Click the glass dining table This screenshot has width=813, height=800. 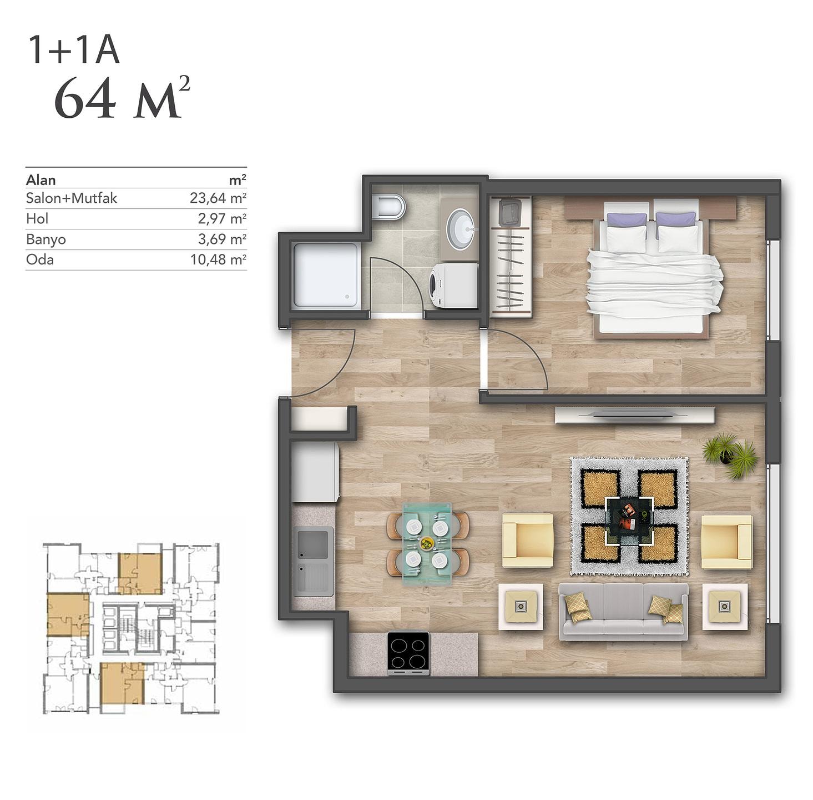click(x=427, y=544)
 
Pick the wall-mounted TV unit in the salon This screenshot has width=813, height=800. click(x=634, y=415)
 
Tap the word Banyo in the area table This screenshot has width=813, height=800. click(x=46, y=239)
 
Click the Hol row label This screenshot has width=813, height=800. click(x=37, y=219)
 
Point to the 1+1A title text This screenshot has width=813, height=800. click(x=74, y=50)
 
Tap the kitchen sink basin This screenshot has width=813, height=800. click(x=312, y=544)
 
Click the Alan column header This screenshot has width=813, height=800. click(x=41, y=181)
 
